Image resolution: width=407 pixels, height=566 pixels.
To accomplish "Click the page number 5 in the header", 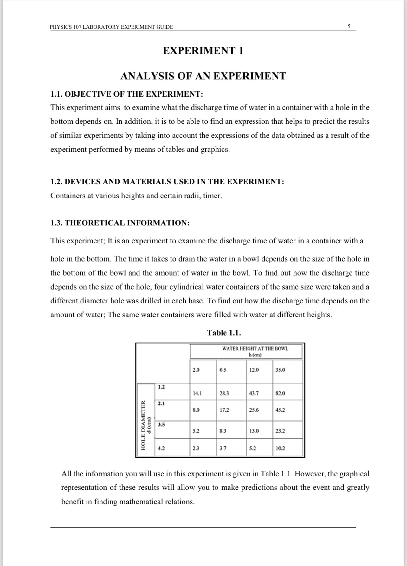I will tap(349, 26).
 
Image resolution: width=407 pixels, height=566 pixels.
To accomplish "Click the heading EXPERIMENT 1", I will tap(203, 51).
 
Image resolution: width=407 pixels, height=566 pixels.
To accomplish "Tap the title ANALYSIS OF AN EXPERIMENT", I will tap(203, 76).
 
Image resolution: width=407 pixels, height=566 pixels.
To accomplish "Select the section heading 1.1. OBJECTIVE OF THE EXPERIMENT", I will tap(126, 94).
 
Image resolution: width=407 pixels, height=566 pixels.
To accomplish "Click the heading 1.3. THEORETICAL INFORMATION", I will tap(120, 223).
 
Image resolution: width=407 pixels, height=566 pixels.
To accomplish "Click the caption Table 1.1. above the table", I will tap(224, 333).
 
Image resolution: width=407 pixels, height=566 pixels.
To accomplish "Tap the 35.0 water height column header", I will tap(280, 370).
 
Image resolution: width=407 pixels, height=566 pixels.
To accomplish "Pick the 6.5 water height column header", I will tap(223, 370).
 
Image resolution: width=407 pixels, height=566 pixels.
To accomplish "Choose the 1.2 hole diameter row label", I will tap(161, 387).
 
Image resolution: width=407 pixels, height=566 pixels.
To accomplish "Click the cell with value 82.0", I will tap(280, 393).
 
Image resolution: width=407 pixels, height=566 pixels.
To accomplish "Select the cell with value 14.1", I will tap(197, 393).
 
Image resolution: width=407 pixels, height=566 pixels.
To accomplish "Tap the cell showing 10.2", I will tap(280, 449).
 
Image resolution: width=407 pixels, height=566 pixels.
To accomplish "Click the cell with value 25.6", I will tap(254, 410).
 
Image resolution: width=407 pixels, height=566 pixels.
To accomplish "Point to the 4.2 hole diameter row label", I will tap(161, 449).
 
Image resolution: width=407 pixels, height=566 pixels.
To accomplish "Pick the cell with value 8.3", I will tap(223, 431).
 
